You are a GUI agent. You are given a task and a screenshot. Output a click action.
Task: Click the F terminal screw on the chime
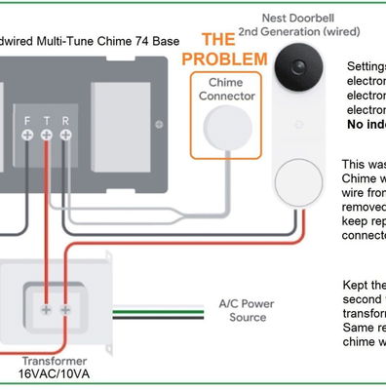click(26, 139)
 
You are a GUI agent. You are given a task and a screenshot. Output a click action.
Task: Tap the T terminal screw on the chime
click(46, 139)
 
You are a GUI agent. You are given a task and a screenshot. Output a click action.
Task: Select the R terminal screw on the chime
click(64, 139)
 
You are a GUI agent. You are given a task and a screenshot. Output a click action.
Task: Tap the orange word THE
click(217, 40)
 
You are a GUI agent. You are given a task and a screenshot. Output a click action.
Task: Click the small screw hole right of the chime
click(160, 123)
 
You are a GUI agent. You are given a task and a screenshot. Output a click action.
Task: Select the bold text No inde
click(365, 125)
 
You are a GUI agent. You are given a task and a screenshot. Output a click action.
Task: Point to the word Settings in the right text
click(366, 66)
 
